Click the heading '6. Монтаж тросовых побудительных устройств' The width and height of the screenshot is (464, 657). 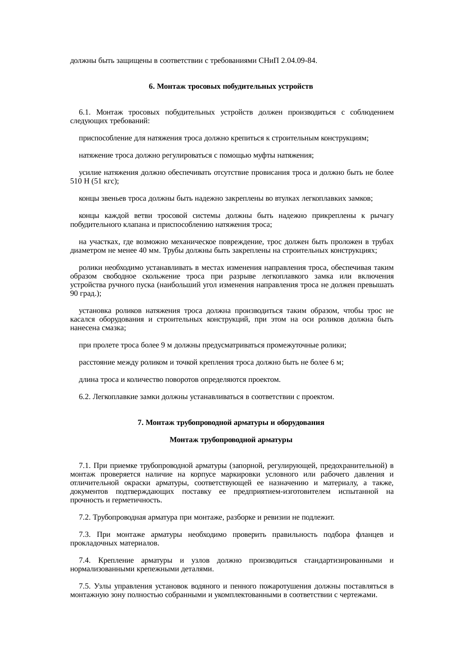[x=231, y=87]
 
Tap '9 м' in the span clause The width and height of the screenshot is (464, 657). [x=166, y=346]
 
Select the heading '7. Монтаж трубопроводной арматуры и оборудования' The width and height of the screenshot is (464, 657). [x=231, y=423]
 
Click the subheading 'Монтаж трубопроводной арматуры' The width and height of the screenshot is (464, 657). [x=231, y=440]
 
